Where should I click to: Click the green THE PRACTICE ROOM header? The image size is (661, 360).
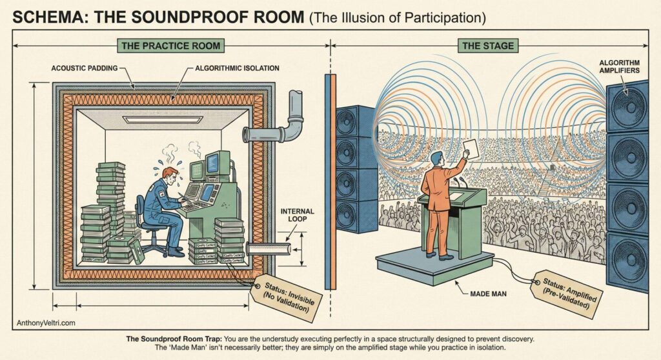(169, 46)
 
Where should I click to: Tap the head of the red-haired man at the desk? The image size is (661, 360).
(170, 175)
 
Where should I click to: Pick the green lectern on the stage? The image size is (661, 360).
(460, 216)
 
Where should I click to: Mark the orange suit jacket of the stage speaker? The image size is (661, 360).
(437, 186)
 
